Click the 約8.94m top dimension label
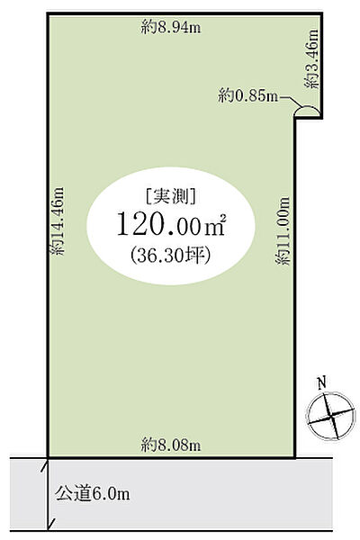(170, 27)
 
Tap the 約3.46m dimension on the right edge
(311, 59)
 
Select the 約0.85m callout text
(247, 95)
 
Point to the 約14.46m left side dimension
(58, 220)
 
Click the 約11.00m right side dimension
(283, 230)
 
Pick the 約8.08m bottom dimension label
(170, 445)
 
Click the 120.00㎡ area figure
(171, 224)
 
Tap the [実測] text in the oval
(171, 197)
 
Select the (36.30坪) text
(170, 256)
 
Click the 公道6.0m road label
(93, 494)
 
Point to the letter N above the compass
(322, 383)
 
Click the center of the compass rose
(330, 417)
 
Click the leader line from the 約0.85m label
(292, 101)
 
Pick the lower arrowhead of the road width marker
(50, 525)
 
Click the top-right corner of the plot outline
(321, 13)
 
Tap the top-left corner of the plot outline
(48, 13)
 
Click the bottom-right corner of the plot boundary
(295, 457)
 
